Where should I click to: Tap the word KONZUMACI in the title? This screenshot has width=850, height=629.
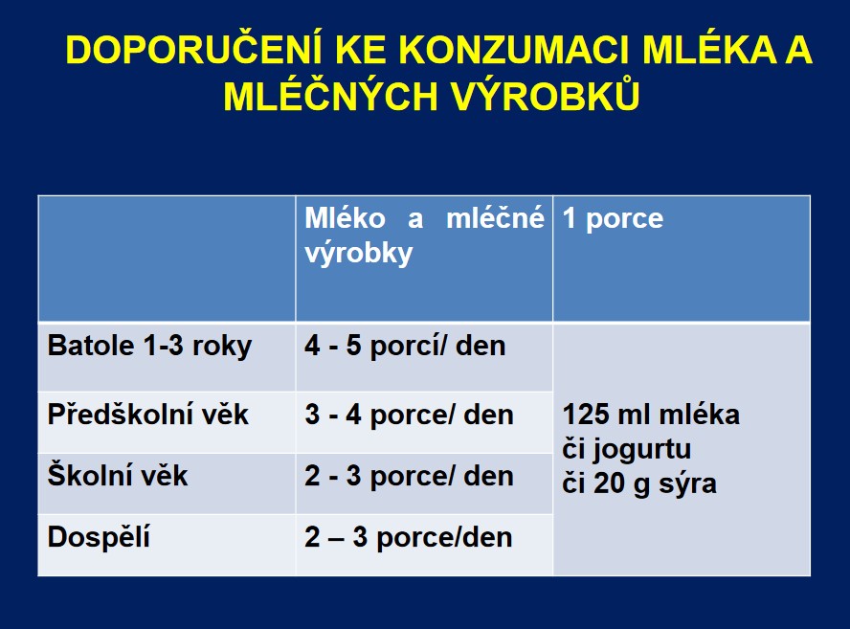tap(514, 50)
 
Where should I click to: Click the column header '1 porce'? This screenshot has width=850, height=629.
tap(613, 218)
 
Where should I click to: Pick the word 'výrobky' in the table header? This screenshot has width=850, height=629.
tap(358, 254)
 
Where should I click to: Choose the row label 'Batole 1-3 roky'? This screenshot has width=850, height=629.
tap(149, 346)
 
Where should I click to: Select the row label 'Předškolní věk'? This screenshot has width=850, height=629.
tap(148, 415)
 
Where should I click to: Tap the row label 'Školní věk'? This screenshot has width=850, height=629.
tap(118, 475)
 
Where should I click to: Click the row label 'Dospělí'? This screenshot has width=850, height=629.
tap(99, 538)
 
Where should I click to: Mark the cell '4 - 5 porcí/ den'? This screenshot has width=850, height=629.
tap(405, 346)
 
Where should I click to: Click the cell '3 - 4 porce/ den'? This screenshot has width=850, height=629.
tap(410, 415)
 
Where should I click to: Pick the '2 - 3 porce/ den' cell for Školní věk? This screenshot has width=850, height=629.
tap(410, 476)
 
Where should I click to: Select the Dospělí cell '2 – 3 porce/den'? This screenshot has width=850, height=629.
tap(409, 537)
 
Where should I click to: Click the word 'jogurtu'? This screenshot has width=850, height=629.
tap(641, 450)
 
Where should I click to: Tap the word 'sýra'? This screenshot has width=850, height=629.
tap(687, 483)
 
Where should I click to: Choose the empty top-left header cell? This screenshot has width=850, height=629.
tap(167, 258)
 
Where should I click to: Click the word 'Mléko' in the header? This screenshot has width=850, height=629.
tap(345, 218)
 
